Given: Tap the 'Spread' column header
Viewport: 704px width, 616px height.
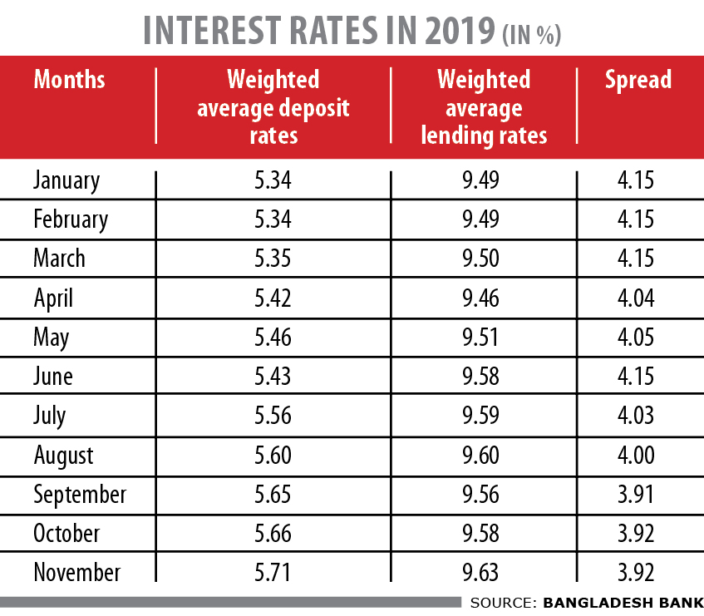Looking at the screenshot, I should [x=638, y=80].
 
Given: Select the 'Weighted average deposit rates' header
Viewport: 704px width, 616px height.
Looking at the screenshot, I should [x=273, y=107].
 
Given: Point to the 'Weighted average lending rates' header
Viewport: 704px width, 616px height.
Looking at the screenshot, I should [x=484, y=107].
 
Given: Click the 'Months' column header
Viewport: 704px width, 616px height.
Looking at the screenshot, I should [x=70, y=80].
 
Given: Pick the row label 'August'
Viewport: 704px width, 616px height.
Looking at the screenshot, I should [x=64, y=455].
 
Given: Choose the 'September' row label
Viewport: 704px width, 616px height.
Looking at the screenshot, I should [x=80, y=495].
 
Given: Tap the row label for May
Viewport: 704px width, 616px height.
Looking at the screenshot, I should [x=52, y=338].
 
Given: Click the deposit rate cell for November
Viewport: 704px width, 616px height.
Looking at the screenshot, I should [x=273, y=572].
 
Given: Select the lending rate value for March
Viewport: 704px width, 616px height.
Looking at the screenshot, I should [x=484, y=259].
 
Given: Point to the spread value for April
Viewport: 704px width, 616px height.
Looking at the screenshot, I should [x=638, y=298].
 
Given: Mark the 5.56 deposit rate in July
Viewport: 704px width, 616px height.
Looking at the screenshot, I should [x=273, y=416].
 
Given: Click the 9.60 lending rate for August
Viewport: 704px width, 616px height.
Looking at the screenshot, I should [x=484, y=455].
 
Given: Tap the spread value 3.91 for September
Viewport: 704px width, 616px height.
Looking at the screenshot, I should [x=638, y=495].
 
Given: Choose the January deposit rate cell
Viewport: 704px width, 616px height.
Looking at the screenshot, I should [x=273, y=180].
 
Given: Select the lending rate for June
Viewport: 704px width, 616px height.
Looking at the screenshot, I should [x=484, y=377].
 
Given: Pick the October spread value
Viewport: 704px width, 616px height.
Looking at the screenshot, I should [x=638, y=533].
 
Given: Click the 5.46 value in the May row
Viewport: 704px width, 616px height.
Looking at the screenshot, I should [x=273, y=338].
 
